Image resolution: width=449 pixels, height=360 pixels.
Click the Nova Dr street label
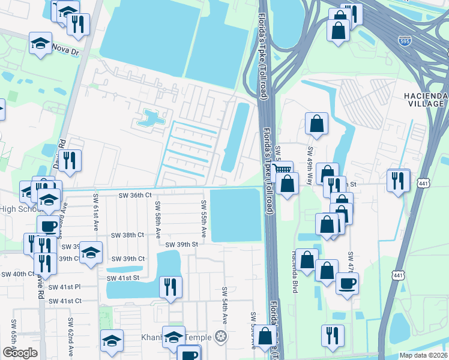tap(66, 52)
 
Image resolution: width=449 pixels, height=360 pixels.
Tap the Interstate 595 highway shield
tap(405, 41)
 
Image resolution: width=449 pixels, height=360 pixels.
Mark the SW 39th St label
tap(182, 244)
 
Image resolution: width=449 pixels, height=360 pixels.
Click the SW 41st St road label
tap(122, 278)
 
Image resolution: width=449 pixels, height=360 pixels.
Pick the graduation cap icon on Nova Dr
tap(40, 44)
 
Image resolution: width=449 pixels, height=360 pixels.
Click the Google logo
tap(20, 353)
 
